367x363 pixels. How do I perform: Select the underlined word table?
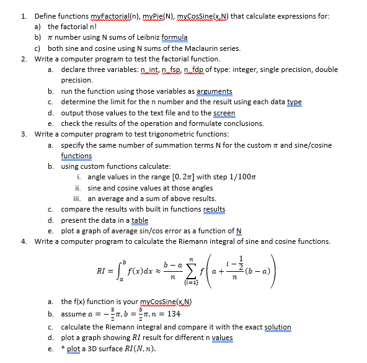[x=139, y=220]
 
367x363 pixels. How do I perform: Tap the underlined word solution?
[x=278, y=327]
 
